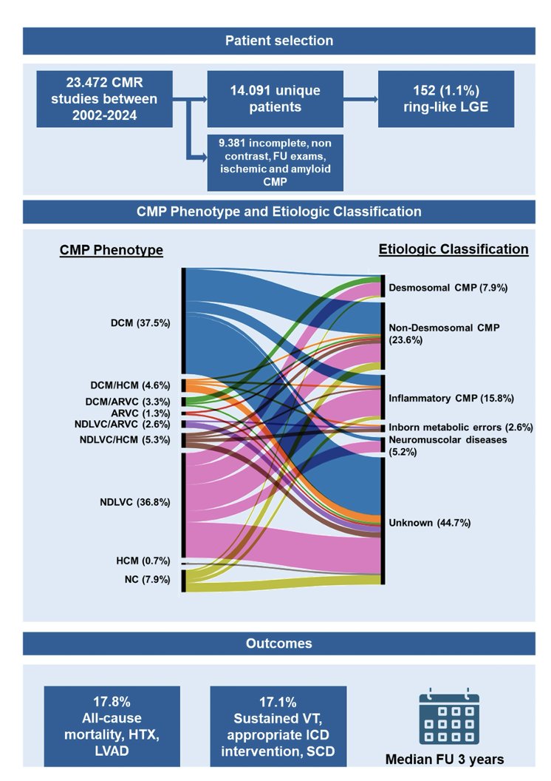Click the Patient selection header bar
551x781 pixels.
278,41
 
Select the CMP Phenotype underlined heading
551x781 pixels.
112,250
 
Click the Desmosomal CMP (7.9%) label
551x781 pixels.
448,287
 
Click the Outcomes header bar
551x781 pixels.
278,643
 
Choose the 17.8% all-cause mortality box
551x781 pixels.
112,726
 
